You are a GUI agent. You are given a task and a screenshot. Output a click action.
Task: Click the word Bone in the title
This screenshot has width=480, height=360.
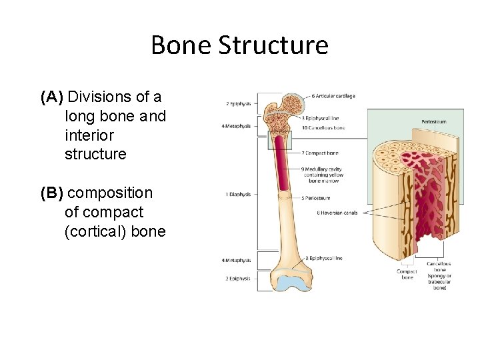coord(181,45)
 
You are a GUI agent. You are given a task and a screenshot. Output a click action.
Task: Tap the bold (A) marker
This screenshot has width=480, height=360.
coord(52,97)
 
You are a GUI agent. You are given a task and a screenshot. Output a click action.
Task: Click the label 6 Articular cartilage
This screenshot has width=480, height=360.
coord(333,96)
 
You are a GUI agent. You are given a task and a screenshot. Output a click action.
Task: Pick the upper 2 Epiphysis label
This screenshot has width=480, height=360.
coord(237,104)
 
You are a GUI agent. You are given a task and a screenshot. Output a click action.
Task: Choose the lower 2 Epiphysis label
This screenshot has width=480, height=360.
coord(237,279)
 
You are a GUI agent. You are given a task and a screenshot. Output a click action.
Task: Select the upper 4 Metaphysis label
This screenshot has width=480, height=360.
coord(237,125)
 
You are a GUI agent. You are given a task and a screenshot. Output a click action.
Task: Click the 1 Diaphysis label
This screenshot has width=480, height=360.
coord(238,195)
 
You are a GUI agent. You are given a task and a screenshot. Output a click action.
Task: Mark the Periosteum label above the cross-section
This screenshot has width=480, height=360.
coord(433,121)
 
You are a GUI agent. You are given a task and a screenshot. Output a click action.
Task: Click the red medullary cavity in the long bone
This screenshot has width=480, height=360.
coord(282,167)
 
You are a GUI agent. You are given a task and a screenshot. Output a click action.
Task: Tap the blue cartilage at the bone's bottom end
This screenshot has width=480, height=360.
coord(294,283)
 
